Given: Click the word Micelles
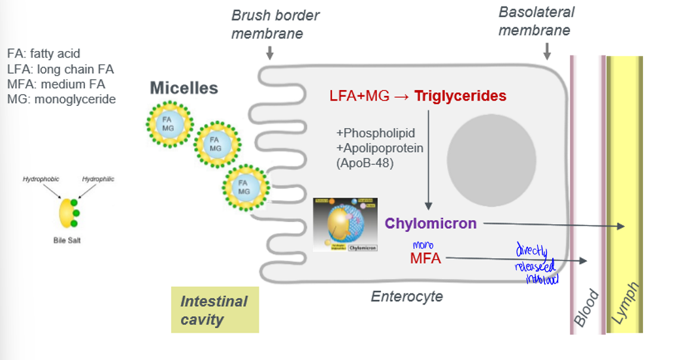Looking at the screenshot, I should pos(184,88).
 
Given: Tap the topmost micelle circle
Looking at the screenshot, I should pos(169,123).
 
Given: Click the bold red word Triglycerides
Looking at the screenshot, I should pos(460,96).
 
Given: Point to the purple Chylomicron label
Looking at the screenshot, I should pos(431,223).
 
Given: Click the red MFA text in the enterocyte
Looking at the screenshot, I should pos(425,259).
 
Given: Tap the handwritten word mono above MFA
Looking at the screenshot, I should pos(423,244).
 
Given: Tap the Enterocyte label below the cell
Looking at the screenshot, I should pos(406,297).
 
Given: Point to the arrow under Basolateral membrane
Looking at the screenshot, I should pos(547,50).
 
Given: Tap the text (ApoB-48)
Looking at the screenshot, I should pos(365,163).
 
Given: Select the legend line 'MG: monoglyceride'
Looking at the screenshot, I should pos(61,99).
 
